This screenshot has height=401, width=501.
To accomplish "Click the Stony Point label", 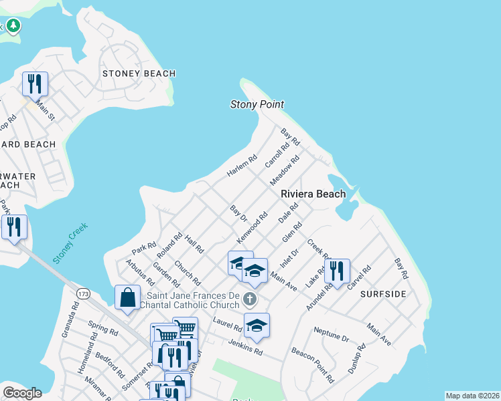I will tap(257, 104).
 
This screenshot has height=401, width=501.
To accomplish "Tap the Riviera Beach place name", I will tap(313, 194).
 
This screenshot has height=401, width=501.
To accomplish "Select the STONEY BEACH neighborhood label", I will tap(139, 74).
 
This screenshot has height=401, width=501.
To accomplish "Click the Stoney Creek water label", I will tap(70, 243).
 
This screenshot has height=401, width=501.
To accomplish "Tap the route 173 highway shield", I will tap(83, 293).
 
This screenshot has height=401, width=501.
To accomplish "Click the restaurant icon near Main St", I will tap(35, 84).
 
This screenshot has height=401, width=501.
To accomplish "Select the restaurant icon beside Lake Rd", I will tap(337, 271).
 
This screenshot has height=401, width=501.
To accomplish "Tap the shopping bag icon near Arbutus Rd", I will tap(127, 298).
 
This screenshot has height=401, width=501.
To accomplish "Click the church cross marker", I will tap(250, 298).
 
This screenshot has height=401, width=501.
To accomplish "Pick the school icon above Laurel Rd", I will tap(257, 325).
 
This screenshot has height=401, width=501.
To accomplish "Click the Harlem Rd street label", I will tap(242, 166).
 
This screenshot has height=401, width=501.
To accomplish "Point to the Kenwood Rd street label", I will tap(253, 228).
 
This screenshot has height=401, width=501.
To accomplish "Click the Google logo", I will tap(22, 393).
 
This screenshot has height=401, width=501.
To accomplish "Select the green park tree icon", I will tap(13, 26).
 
